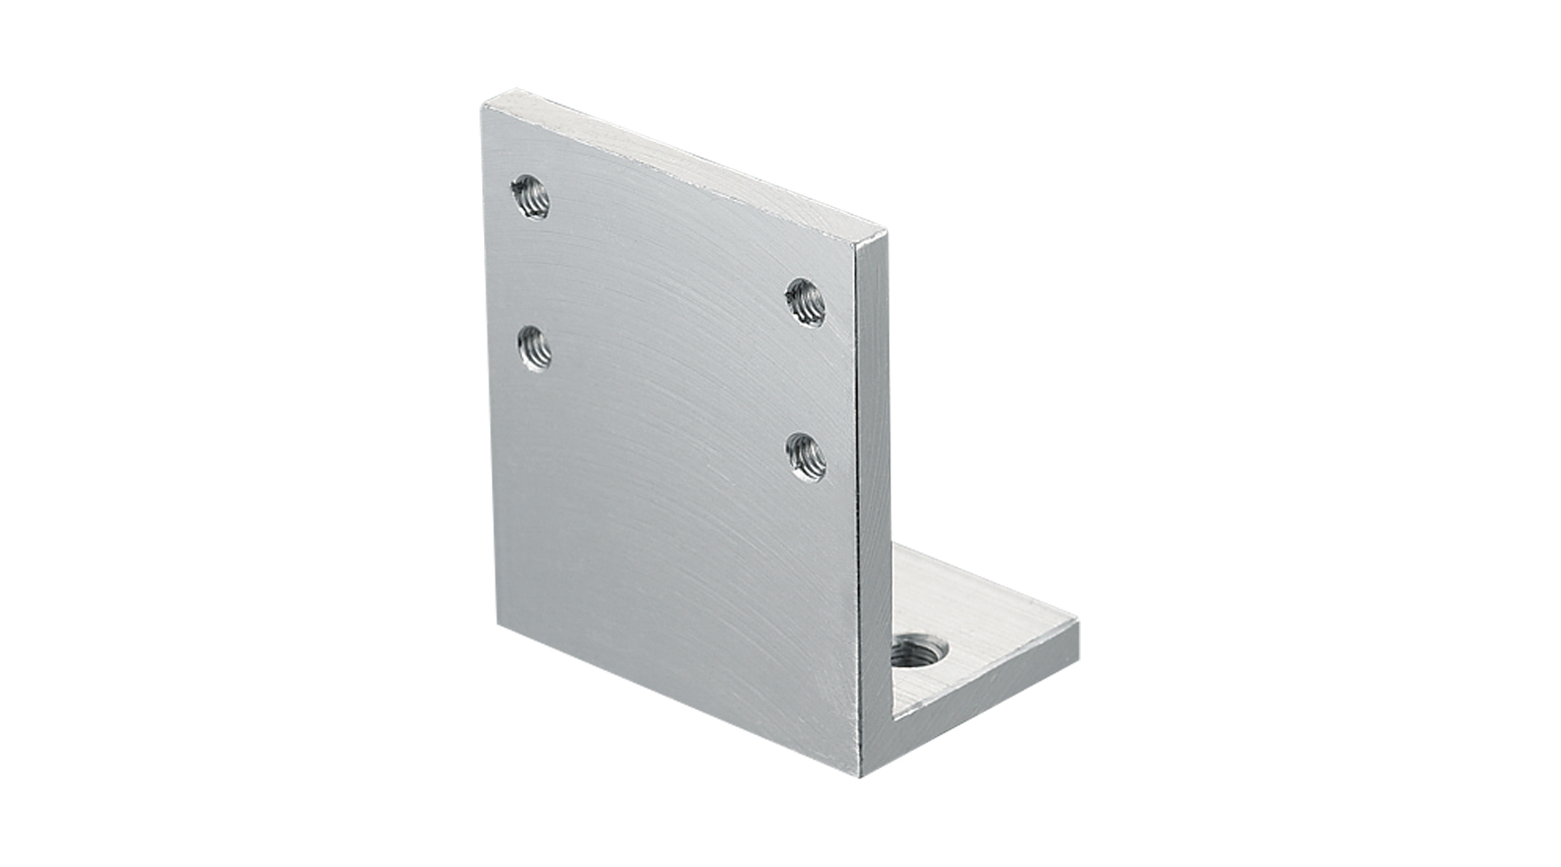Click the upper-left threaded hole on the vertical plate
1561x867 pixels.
(532, 197)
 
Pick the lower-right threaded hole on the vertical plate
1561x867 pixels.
(806, 457)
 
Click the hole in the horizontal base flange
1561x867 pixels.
(921, 652)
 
